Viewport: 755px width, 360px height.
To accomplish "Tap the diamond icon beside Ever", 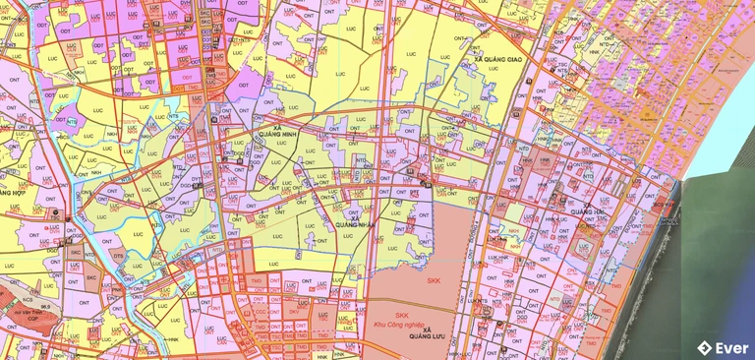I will [x=704, y=346].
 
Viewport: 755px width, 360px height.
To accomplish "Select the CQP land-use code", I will [x=34, y=319].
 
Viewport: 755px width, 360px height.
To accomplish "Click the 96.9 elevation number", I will [x=45, y=306].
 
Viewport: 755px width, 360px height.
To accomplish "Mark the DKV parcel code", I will [x=294, y=312].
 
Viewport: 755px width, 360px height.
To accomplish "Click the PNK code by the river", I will [x=115, y=289].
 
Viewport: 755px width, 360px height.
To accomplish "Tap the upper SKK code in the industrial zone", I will [x=434, y=279].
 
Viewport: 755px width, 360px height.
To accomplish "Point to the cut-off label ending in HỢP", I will [x=12, y=193].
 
